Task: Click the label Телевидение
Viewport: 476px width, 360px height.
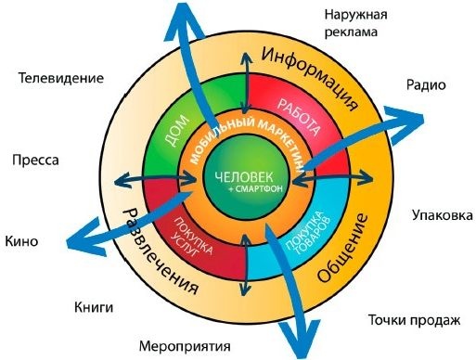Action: tap(60, 78)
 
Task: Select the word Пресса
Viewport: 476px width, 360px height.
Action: tap(36, 160)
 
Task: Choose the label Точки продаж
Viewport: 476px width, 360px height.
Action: tap(414, 320)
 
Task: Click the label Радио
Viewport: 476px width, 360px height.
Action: tap(427, 84)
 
